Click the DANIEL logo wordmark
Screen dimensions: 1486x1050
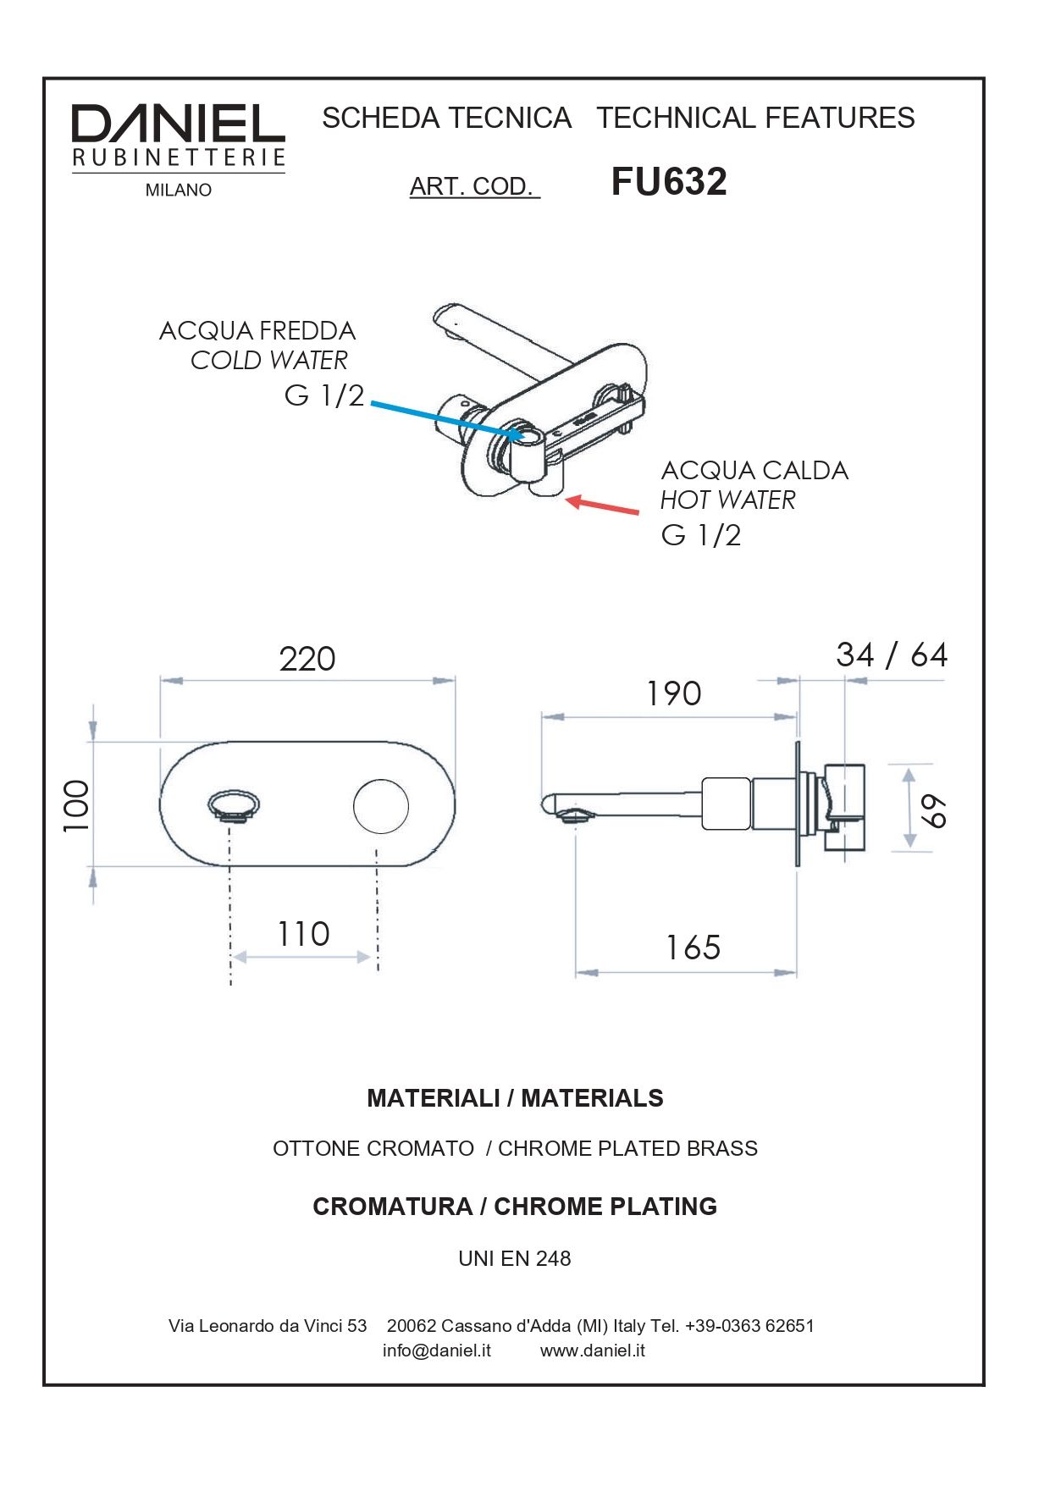(x=178, y=124)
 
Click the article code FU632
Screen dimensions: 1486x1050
(x=668, y=182)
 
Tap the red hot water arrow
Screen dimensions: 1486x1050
(x=603, y=505)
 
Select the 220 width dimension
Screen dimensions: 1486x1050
(x=307, y=659)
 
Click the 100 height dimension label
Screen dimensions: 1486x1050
(x=76, y=805)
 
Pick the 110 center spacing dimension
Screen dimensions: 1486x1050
(x=303, y=935)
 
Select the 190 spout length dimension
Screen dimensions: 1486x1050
(x=673, y=694)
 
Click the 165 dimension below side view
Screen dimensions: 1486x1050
(x=693, y=947)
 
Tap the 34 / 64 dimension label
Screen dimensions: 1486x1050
(x=891, y=655)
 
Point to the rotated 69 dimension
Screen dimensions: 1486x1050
(x=934, y=811)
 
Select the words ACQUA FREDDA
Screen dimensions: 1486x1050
(x=257, y=331)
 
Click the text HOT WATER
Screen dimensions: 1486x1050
(x=727, y=500)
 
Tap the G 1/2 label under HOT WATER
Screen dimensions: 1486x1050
(x=700, y=535)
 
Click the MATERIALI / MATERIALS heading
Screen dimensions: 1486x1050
(x=515, y=1098)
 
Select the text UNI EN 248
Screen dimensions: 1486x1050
(x=514, y=1258)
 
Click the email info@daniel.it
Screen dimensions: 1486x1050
(x=436, y=1351)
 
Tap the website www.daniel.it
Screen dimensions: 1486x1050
(x=592, y=1351)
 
